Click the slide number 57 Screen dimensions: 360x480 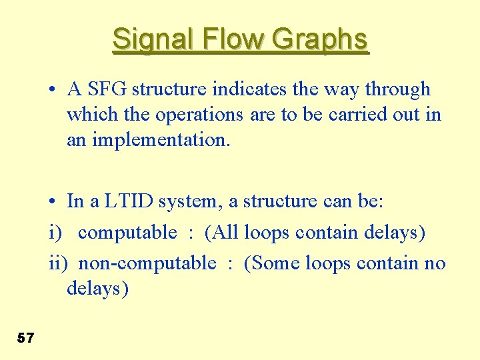point(25,338)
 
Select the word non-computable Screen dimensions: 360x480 point(147,263)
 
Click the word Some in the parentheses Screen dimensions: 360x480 point(274,263)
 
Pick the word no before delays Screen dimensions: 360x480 point(435,263)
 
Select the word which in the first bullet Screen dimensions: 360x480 point(88,115)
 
